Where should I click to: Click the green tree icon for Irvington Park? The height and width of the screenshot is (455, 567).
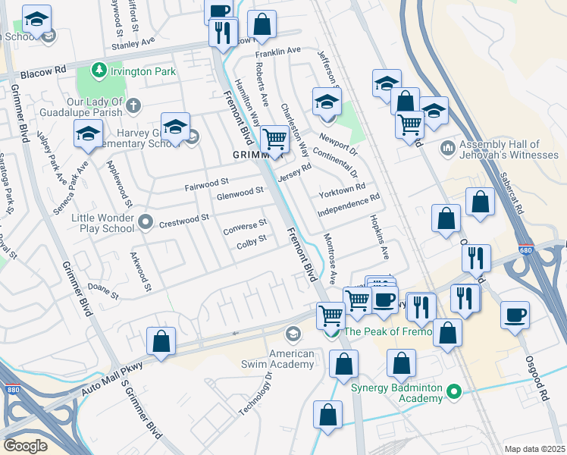point(98,71)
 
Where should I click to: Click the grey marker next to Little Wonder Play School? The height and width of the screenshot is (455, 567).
point(146,223)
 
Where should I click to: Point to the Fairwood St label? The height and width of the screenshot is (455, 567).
point(207,183)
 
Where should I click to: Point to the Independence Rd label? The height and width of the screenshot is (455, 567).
point(348,206)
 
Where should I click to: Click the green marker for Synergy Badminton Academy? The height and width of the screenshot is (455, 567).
point(454,391)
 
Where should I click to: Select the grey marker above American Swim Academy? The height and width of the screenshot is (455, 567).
point(293,334)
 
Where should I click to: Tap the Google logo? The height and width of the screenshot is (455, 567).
point(25,445)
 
